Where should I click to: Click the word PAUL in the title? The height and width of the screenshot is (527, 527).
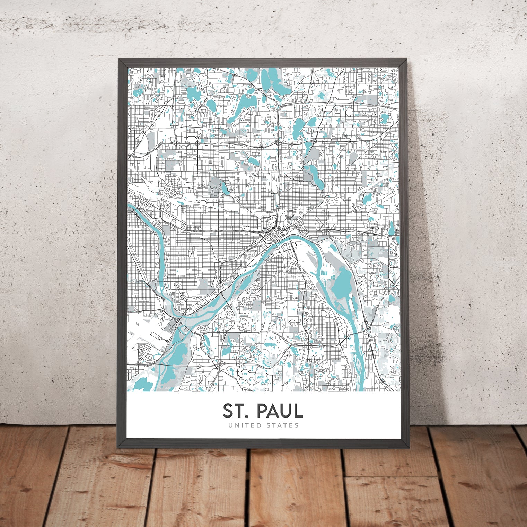tap(279, 411)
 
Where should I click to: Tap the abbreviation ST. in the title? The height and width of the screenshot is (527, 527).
tap(237, 411)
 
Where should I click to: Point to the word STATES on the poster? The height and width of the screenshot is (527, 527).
tap(282, 425)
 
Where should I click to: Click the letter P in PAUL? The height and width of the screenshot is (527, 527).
tap(261, 411)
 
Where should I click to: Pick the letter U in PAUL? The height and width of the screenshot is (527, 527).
tap(286, 411)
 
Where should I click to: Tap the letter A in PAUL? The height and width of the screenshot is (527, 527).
tap(273, 411)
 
